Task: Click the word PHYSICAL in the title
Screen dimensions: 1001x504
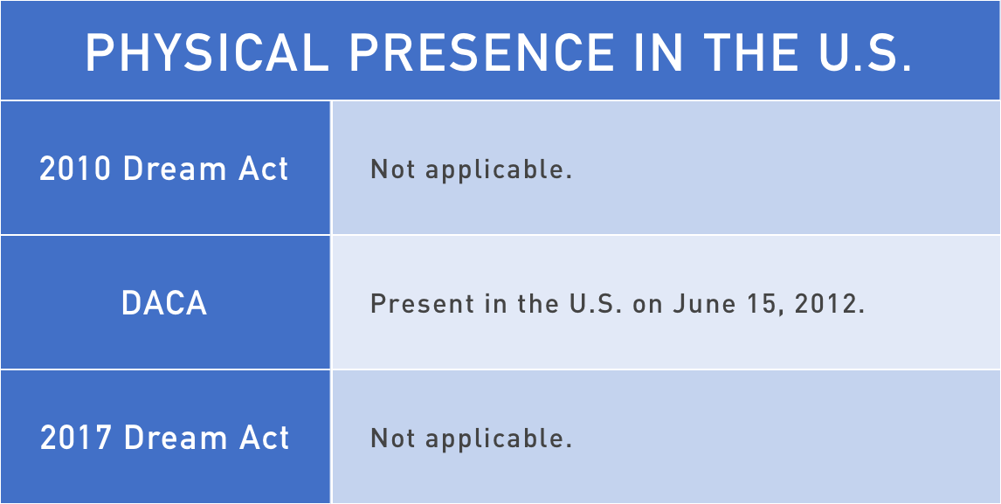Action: pyautogui.click(x=208, y=53)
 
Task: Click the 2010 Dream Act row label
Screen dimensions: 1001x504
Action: pyautogui.click(x=164, y=169)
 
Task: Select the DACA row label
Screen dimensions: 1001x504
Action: pyautogui.click(x=165, y=303)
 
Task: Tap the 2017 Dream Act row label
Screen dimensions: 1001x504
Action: pyautogui.click(x=165, y=438)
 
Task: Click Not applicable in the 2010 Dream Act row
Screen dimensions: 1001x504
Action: pyautogui.click(x=471, y=170)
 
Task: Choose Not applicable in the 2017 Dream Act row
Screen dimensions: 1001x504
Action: pyautogui.click(x=471, y=439)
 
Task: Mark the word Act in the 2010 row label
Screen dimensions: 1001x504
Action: pyautogui.click(x=269, y=169)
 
